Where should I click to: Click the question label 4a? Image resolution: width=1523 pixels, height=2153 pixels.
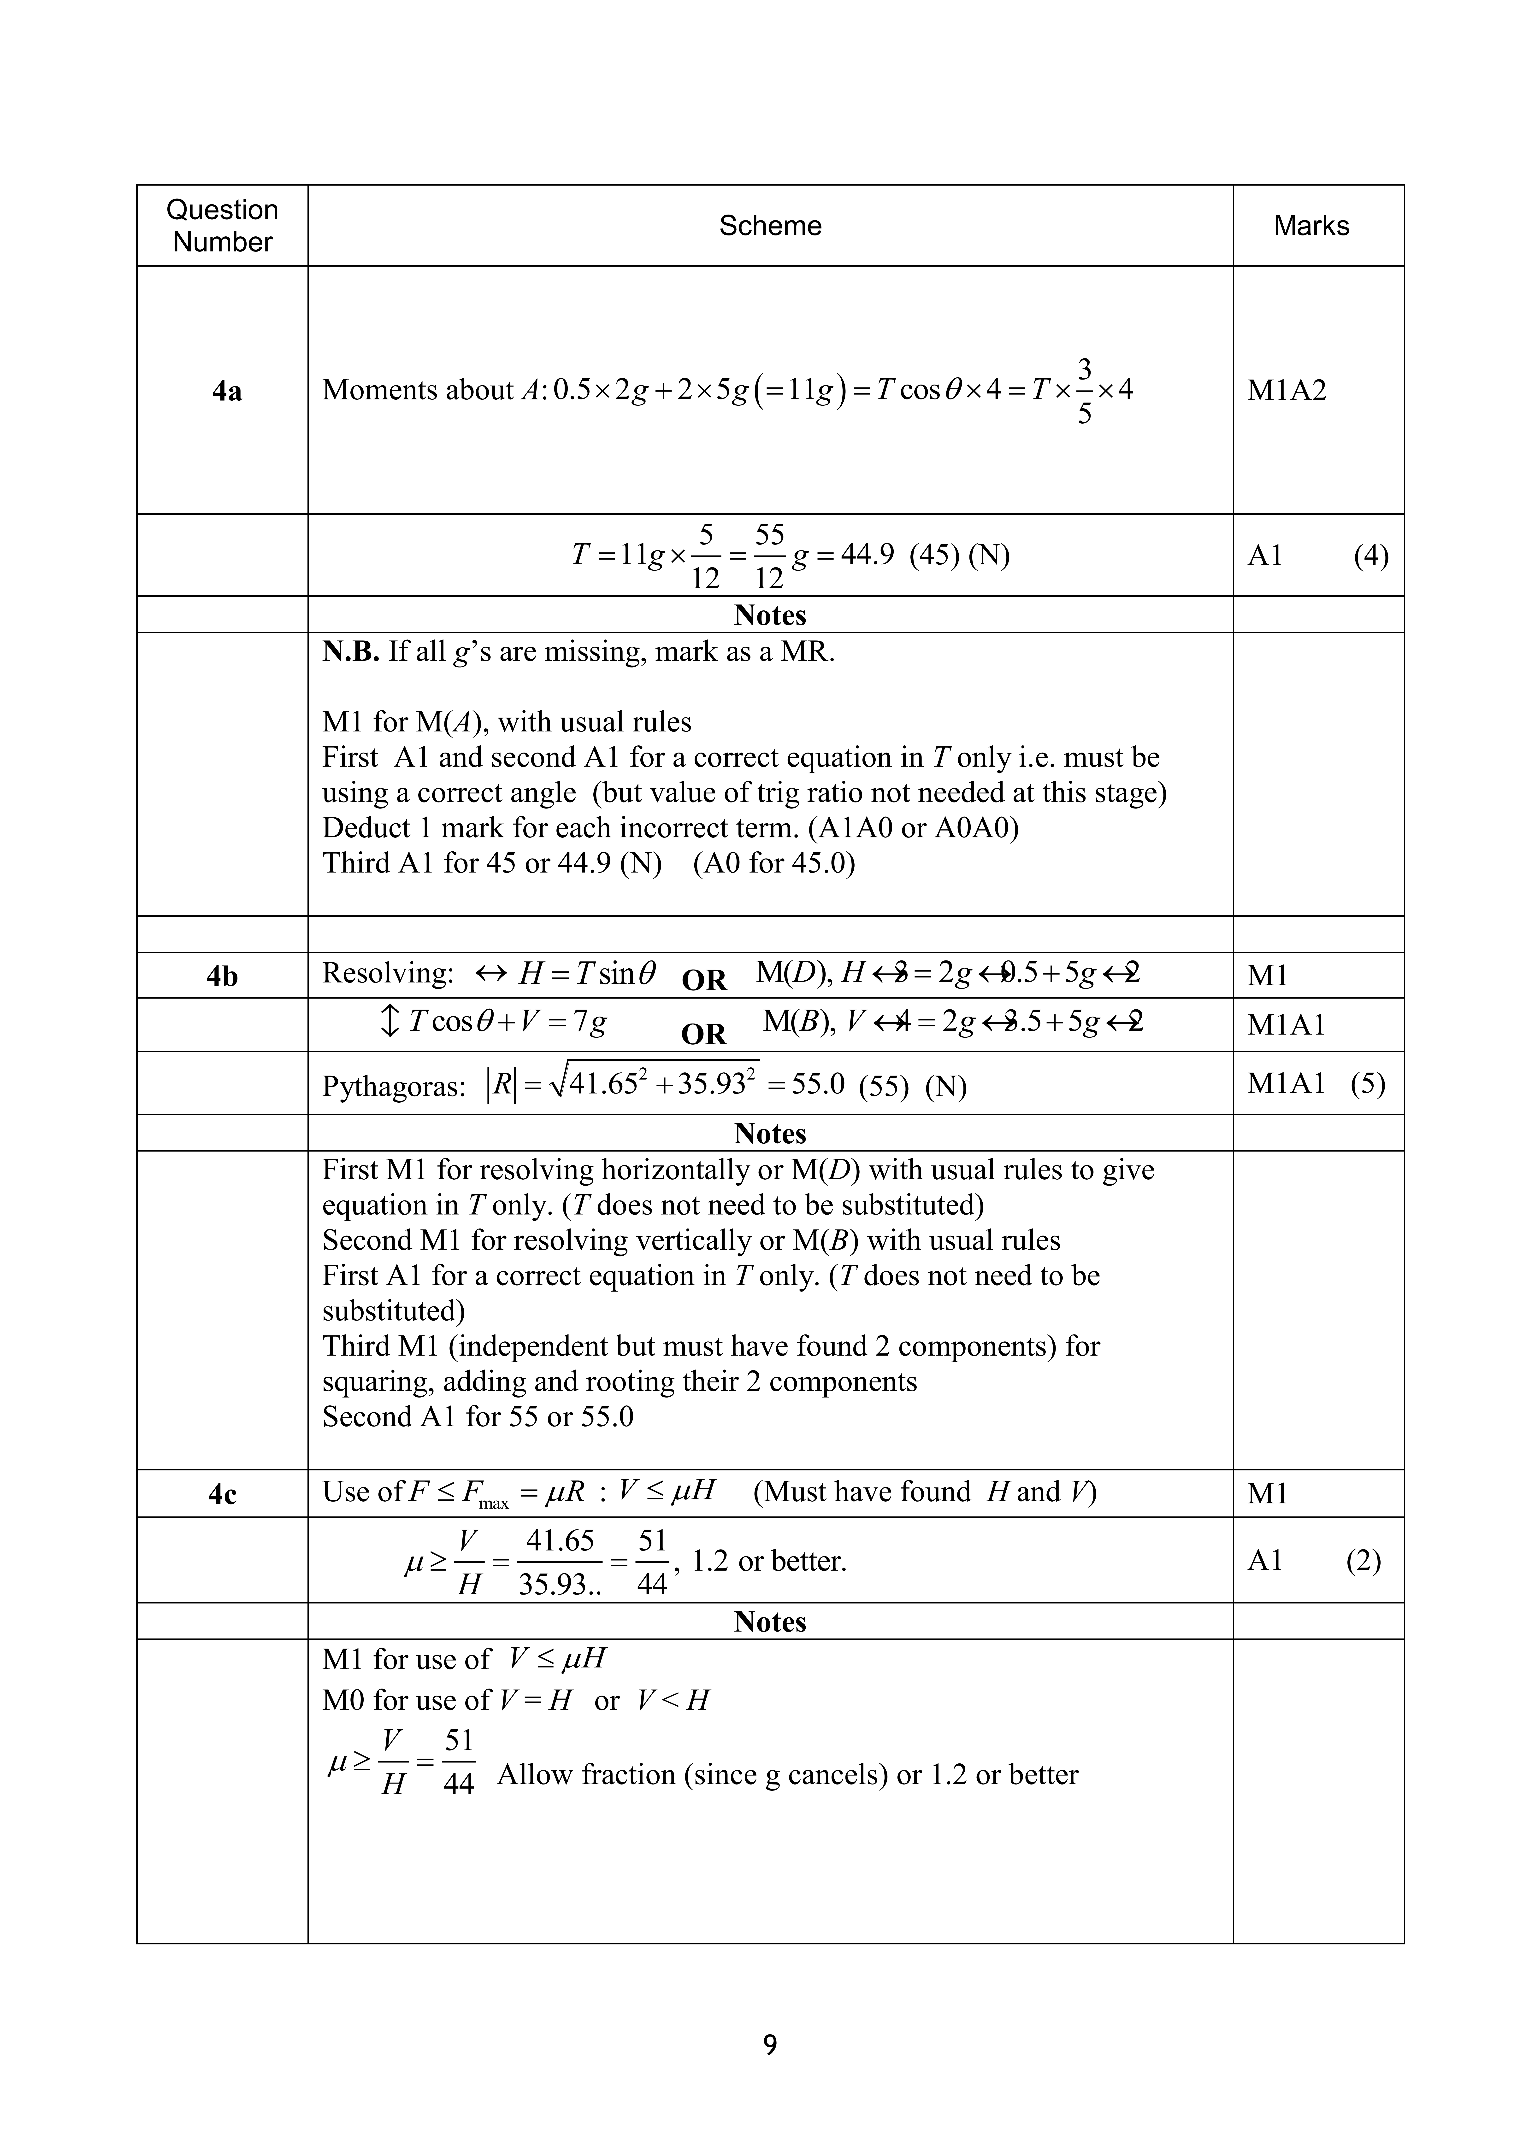(x=226, y=391)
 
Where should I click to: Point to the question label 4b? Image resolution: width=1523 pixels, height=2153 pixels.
(x=222, y=976)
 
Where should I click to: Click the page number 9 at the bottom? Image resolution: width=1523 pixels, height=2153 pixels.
(x=770, y=2044)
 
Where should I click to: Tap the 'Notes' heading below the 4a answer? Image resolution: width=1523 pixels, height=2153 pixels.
(x=770, y=615)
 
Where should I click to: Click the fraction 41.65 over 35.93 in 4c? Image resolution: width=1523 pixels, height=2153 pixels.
(x=560, y=1562)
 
